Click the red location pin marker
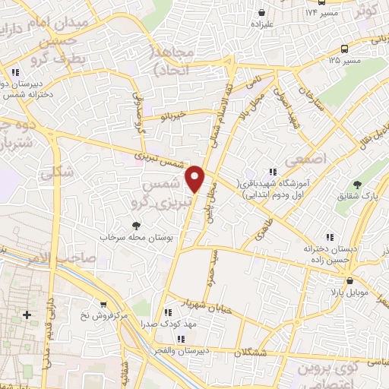pyautogui.click(x=196, y=179)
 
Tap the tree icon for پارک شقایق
pyautogui.click(x=358, y=185)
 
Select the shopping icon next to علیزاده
pyautogui.click(x=262, y=13)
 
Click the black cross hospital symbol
pyautogui.click(x=28, y=315)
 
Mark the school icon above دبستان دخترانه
pyautogui.click(x=328, y=237)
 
